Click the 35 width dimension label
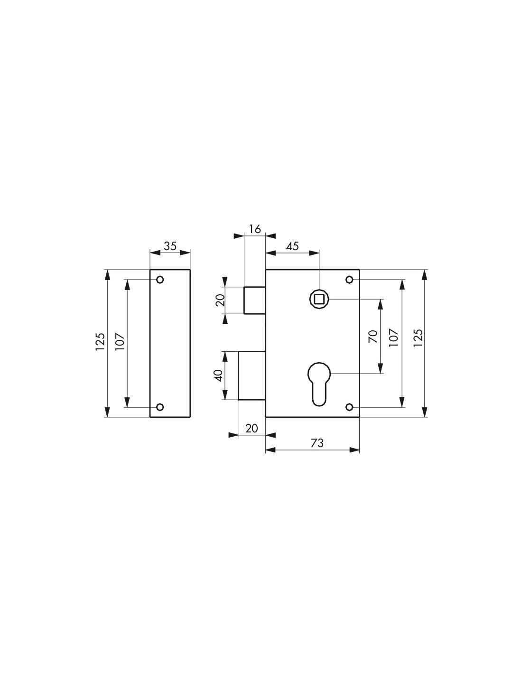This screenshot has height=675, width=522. click(x=170, y=246)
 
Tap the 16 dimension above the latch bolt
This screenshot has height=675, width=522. click(x=255, y=229)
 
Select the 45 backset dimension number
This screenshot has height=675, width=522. click(x=292, y=246)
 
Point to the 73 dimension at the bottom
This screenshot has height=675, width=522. click(x=317, y=443)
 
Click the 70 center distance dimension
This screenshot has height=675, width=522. click(x=373, y=336)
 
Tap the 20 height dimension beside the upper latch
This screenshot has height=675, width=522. click(x=220, y=300)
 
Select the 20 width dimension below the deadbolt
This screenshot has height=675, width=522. click(x=252, y=428)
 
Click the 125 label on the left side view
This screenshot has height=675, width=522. click(x=100, y=342)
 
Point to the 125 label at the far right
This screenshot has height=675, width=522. click(x=418, y=338)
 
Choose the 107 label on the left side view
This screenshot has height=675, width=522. click(x=120, y=342)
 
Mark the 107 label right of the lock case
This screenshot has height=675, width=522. click(x=393, y=338)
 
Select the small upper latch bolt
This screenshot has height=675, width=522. click(x=254, y=300)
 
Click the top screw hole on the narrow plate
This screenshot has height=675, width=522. click(x=160, y=280)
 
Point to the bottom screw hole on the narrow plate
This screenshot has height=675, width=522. click(x=160, y=407)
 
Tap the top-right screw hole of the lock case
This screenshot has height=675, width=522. click(x=350, y=279)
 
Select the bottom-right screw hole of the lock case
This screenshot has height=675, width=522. click(x=350, y=407)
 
